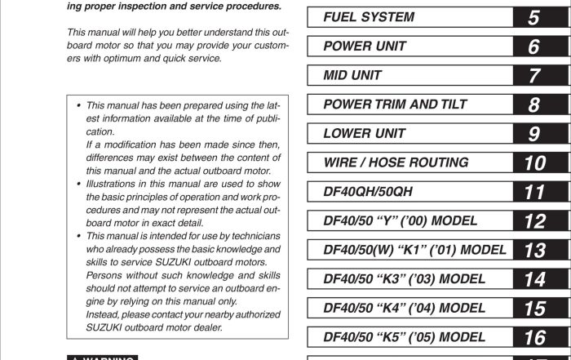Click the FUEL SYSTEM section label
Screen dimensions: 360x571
coord(368,17)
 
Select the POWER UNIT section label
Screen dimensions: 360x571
coord(364,47)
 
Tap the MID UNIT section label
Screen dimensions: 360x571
coord(352,76)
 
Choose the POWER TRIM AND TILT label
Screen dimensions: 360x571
coord(392,104)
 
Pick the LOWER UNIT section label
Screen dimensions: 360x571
coord(364,133)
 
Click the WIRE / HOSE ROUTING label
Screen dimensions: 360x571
coord(396,162)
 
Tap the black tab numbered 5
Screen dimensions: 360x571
coord(533,17)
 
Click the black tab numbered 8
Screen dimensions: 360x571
coord(533,104)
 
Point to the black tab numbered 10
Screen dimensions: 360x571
coord(533,162)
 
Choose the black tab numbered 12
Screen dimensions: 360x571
coord(533,221)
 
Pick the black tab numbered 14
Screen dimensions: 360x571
coord(533,279)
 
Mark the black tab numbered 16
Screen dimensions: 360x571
coord(533,337)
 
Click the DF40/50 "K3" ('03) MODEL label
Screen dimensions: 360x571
coord(405,279)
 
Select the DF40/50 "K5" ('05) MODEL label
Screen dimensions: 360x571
coord(405,337)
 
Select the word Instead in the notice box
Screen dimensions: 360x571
coord(103,314)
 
